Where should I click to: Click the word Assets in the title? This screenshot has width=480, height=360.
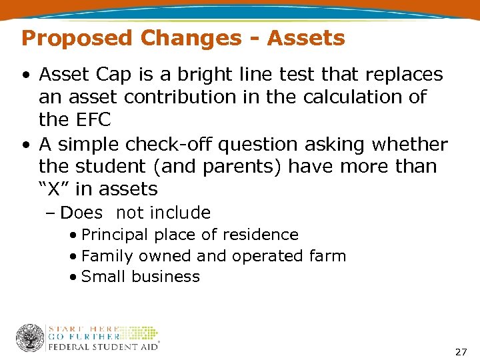[x=306, y=38]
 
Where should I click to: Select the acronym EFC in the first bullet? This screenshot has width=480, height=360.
[x=90, y=119]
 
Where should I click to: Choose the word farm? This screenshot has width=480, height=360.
[x=329, y=256]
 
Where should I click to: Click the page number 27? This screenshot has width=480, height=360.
[x=460, y=351]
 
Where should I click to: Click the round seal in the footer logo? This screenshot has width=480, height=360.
[x=31, y=338]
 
